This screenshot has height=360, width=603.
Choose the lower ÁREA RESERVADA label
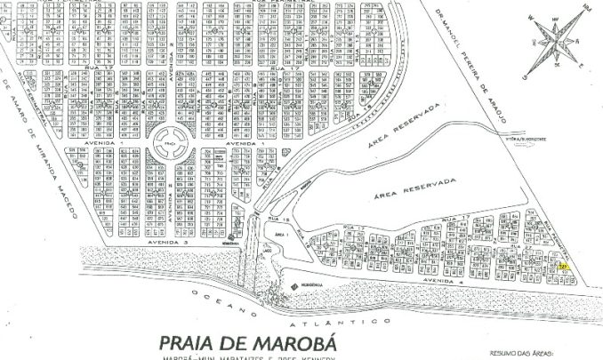click(x=405, y=189)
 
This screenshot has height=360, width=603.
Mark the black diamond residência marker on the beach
click(x=294, y=284)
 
